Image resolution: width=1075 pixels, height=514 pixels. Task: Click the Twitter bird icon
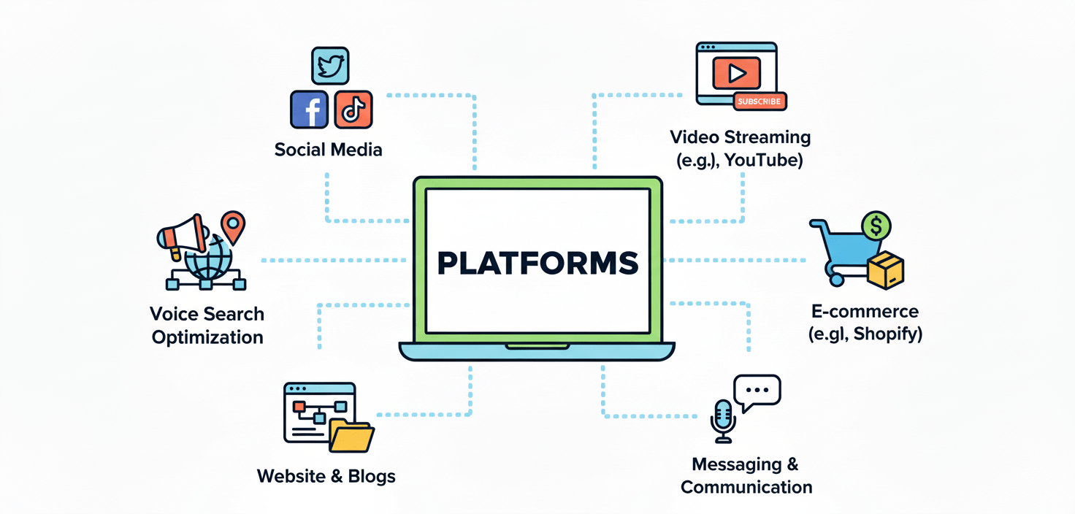coord(330,66)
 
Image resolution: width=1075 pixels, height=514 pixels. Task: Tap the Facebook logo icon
coord(309,110)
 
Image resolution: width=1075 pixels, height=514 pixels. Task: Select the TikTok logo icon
coord(353,110)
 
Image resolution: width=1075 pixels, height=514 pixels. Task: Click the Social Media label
coord(328,150)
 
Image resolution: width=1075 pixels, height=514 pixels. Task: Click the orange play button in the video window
coord(736,72)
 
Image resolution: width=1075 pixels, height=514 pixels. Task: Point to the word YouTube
coord(763,160)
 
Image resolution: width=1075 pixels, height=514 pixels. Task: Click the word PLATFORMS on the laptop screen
coord(537,263)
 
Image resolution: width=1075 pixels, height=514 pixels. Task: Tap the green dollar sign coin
coord(876,226)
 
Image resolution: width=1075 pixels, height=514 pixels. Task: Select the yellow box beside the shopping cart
coord(886,271)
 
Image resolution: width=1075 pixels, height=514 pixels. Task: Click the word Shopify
coord(888,334)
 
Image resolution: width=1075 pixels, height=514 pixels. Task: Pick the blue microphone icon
coord(723,419)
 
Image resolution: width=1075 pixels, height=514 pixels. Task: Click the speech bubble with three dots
coord(757,391)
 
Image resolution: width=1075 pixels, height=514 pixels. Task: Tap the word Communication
coord(746,487)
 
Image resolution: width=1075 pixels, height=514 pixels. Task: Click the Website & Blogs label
coord(326,477)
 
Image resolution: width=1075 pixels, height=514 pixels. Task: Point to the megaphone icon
coord(181,235)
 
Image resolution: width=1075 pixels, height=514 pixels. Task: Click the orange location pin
coord(234,226)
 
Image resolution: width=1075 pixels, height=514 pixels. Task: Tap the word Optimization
coord(207,337)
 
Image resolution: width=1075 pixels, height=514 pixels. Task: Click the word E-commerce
coord(865,311)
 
